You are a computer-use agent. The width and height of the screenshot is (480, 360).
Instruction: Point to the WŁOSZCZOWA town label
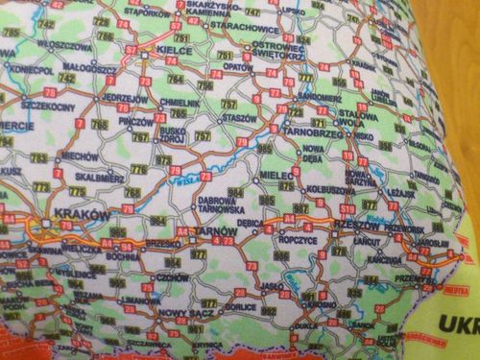(x=64, y=44)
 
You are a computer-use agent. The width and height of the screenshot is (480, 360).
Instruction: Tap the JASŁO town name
(x=270, y=285)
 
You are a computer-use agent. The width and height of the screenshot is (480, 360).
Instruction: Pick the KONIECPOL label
(x=31, y=70)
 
